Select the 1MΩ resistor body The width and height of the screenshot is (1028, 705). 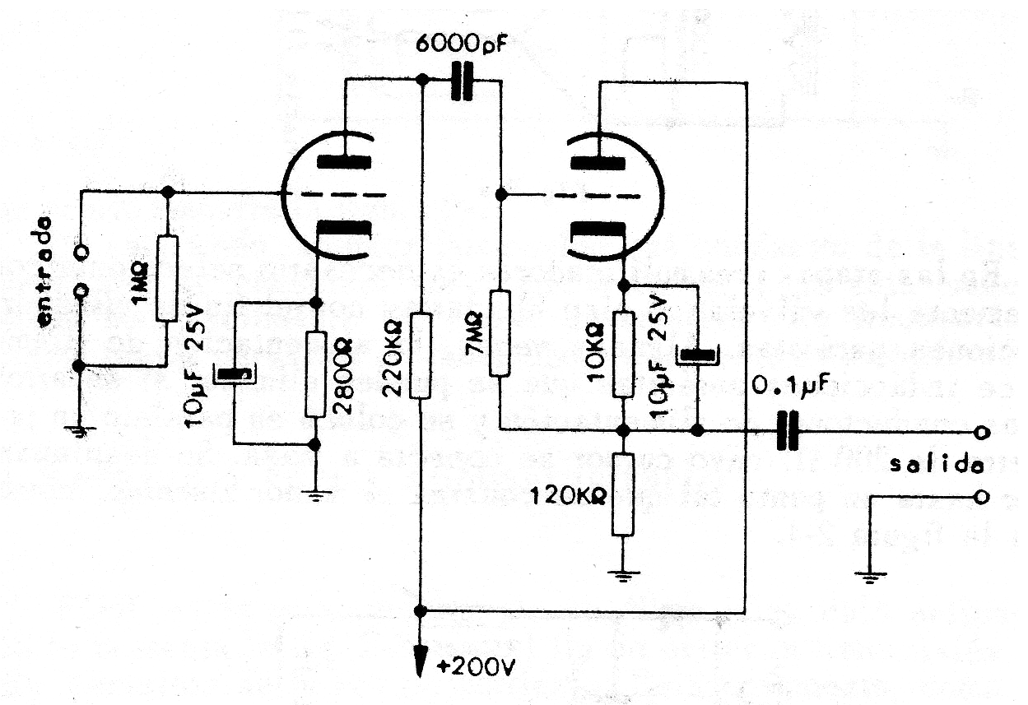(x=167, y=278)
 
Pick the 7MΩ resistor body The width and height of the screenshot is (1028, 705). (x=500, y=332)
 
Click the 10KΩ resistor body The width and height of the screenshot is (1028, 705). (x=624, y=354)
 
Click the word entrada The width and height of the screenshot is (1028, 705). (x=47, y=272)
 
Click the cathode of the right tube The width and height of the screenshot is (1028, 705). (x=598, y=229)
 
